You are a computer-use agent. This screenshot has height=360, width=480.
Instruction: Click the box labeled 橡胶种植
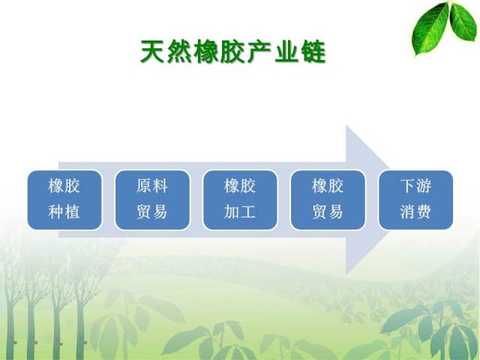pyautogui.click(x=64, y=200)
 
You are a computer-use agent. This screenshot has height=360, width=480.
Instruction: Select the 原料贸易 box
pyautogui.click(x=152, y=200)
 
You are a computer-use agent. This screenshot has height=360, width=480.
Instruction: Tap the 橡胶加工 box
pyautogui.click(x=240, y=200)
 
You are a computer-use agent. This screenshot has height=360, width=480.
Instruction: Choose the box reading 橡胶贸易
pyautogui.click(x=328, y=200)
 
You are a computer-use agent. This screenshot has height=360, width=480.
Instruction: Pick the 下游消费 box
pyautogui.click(x=415, y=200)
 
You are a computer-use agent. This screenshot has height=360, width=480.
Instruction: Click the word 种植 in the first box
pyautogui.click(x=64, y=211)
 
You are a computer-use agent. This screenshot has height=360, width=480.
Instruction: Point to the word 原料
pyautogui.click(x=152, y=186)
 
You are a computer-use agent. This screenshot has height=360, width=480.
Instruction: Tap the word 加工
pyautogui.click(x=240, y=211)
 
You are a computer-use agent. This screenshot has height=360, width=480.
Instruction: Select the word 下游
pyautogui.click(x=415, y=186)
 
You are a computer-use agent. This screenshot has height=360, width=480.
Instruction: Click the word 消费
pyautogui.click(x=415, y=211)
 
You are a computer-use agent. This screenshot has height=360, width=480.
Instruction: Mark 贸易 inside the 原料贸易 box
pyautogui.click(x=152, y=211)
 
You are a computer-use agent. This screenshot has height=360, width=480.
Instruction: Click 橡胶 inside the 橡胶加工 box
pyautogui.click(x=240, y=186)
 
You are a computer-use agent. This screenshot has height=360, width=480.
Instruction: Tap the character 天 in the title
pyautogui.click(x=152, y=52)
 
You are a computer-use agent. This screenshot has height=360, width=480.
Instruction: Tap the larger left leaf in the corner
pyautogui.click(x=430, y=29)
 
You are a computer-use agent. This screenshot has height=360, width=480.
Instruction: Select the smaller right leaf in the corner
pyautogui.click(x=463, y=21)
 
